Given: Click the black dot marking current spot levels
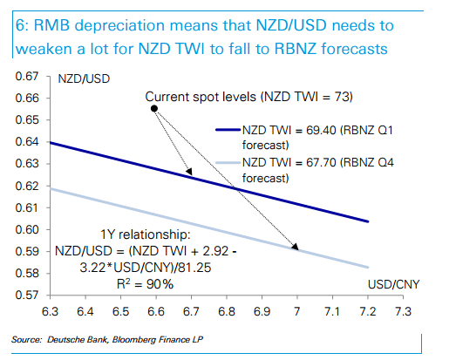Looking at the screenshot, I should tap(154, 109).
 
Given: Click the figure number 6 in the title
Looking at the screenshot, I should tap(18, 24).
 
